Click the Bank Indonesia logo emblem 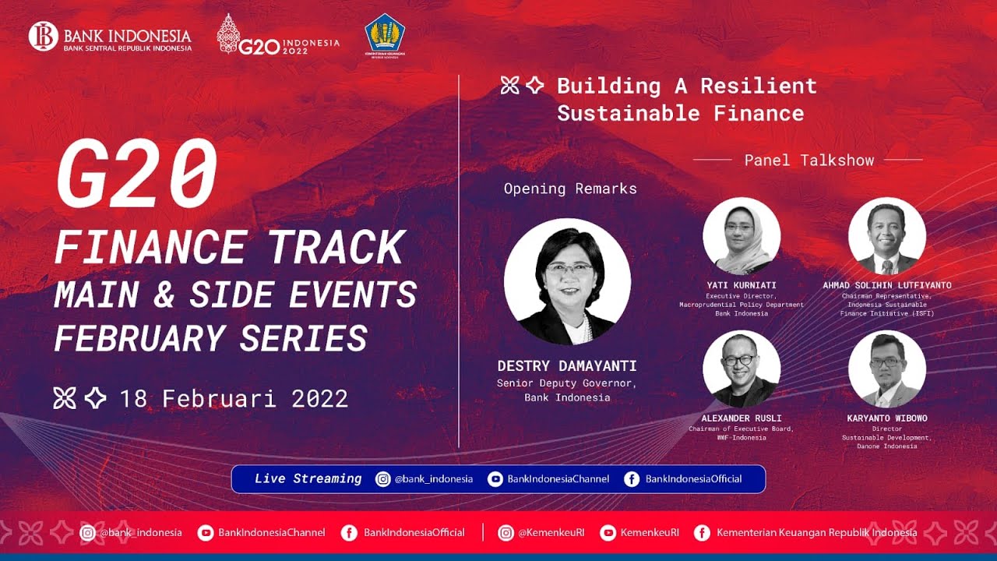[x=44, y=37]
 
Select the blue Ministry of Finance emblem [x=385, y=34]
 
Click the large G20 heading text [x=136, y=175]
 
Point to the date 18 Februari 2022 [x=234, y=399]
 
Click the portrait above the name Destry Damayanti [x=567, y=281]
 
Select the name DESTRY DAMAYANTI [x=567, y=366]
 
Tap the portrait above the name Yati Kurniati [x=742, y=236]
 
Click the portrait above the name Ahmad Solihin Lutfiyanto [x=886, y=236]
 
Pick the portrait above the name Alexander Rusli [x=742, y=369]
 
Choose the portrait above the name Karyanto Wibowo [x=886, y=369]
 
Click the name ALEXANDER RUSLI [x=742, y=418]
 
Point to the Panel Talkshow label [x=809, y=161]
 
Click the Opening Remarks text [x=570, y=189]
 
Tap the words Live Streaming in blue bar [x=308, y=479]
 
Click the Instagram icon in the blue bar [x=383, y=479]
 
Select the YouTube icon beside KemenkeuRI [x=608, y=533]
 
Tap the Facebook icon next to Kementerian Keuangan [x=702, y=533]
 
